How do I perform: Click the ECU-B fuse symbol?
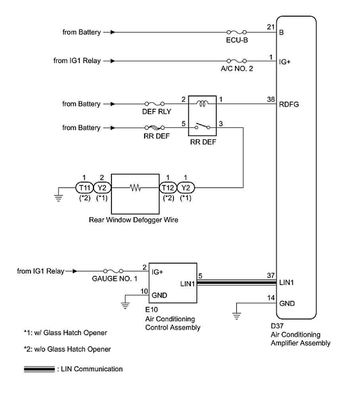click(237, 32)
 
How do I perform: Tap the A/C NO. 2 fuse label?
click(237, 69)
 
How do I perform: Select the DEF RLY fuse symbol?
click(154, 104)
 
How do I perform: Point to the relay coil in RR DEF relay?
click(202, 103)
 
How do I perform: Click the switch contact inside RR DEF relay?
click(202, 126)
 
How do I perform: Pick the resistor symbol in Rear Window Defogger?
click(135, 188)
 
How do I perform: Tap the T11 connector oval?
click(85, 188)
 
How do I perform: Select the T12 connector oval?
click(168, 188)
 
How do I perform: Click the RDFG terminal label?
click(289, 104)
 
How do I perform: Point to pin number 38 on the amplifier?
click(271, 99)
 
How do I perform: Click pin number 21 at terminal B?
click(271, 27)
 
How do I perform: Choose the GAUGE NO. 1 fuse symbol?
click(114, 271)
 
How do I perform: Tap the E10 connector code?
click(151, 309)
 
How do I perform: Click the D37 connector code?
click(277, 326)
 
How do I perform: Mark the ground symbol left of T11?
click(58, 198)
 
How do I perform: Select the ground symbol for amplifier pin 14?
click(237, 315)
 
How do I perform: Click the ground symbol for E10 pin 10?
click(125, 305)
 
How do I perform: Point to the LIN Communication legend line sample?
click(39, 369)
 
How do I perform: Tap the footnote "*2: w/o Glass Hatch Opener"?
click(67, 349)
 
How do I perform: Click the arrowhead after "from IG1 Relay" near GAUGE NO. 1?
click(75, 271)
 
